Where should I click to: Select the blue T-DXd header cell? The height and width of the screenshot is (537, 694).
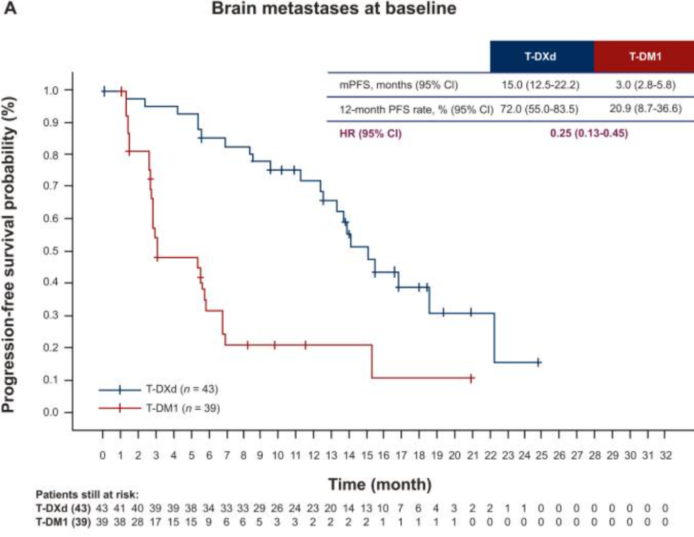pos(541,57)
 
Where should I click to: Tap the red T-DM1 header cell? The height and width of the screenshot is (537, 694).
pos(643,57)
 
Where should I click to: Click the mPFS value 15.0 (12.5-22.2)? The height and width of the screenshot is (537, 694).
pos(541,84)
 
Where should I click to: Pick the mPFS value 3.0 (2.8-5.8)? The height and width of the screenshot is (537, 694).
pos(643,84)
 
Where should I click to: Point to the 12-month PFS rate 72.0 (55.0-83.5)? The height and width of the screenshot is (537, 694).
pos(541,109)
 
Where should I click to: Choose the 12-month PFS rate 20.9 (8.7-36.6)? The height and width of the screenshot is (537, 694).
pos(643,109)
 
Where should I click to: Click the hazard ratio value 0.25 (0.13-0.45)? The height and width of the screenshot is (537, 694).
pos(589,134)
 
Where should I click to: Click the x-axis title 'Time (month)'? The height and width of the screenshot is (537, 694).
pos(380,483)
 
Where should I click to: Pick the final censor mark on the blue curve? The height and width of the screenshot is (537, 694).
pos(538,363)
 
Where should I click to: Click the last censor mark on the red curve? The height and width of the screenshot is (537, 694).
pos(472,378)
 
